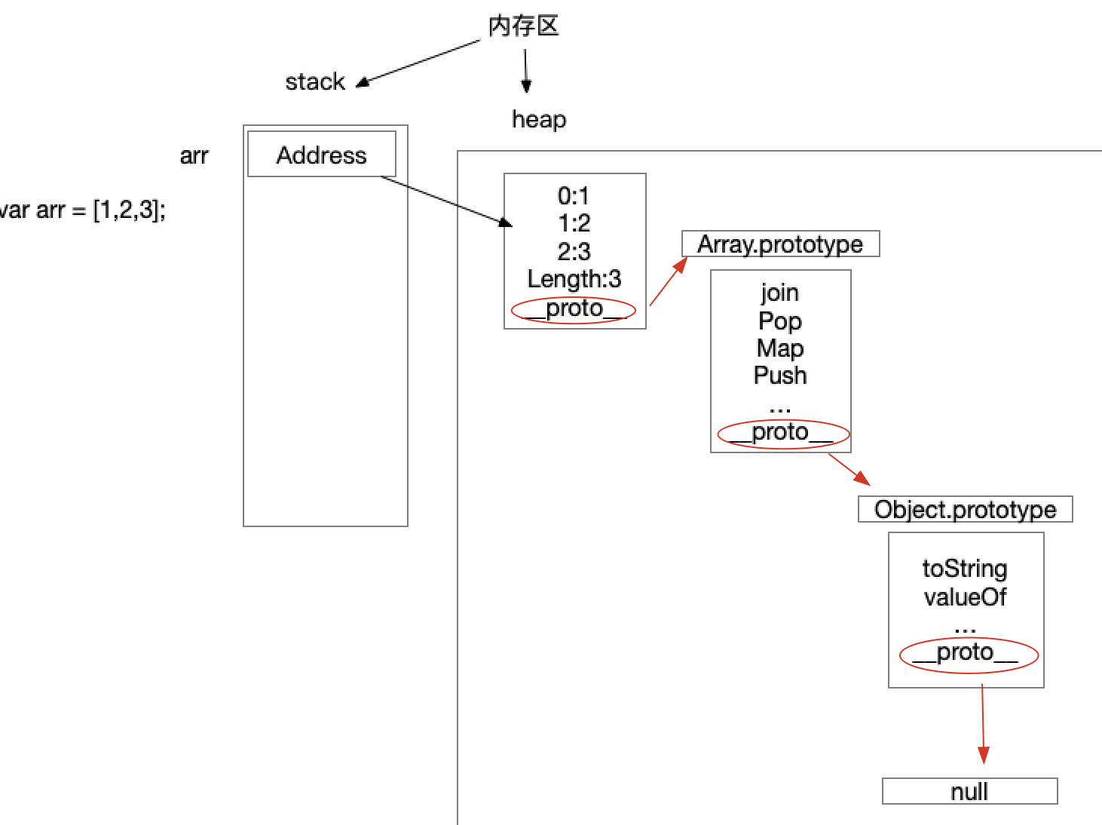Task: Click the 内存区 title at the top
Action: click(x=523, y=26)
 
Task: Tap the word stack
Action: click(x=315, y=81)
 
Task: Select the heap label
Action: click(x=539, y=119)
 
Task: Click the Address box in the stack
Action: click(x=322, y=154)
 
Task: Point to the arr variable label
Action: click(x=194, y=155)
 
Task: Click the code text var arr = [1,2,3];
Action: click(x=82, y=210)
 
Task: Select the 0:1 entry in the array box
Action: click(x=574, y=195)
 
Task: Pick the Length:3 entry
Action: click(x=574, y=279)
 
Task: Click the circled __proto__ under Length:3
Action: click(x=574, y=309)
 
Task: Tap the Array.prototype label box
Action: click(x=781, y=244)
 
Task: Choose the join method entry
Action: click(x=779, y=293)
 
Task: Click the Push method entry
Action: click(x=780, y=375)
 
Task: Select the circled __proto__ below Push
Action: click(x=783, y=434)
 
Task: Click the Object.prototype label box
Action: click(x=966, y=509)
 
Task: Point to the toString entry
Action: click(x=965, y=569)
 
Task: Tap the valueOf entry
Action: click(x=966, y=597)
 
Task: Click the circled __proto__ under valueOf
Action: click(x=969, y=655)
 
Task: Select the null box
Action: click(x=970, y=791)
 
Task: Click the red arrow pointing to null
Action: click(x=983, y=724)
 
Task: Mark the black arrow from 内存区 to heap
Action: click(x=525, y=71)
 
